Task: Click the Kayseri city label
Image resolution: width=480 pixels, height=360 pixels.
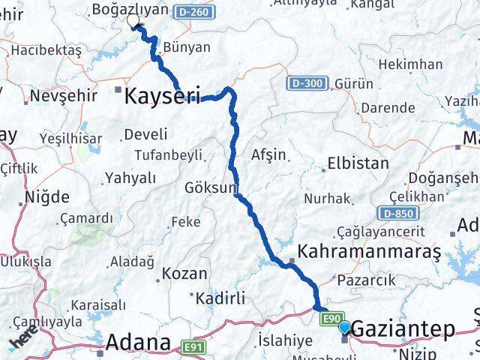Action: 161,96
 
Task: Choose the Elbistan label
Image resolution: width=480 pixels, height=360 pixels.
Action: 358,163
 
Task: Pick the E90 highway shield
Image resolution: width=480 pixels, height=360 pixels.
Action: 334,319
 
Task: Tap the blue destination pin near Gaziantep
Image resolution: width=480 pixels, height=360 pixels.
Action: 344,327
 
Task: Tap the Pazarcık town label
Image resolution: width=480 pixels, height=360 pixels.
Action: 367,279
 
